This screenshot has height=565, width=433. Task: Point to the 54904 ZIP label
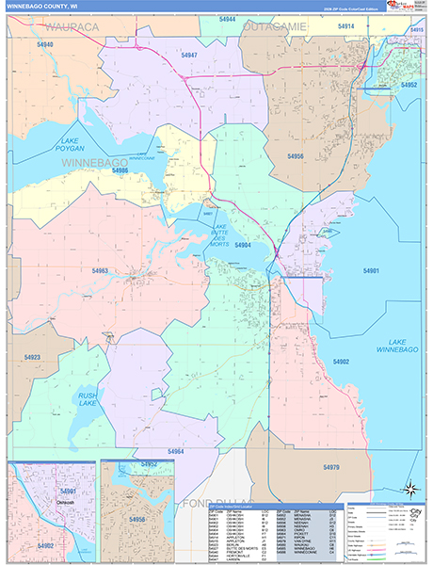coord(242,245)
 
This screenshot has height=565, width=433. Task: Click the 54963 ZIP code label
coord(100,271)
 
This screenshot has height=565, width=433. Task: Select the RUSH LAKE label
coord(88,399)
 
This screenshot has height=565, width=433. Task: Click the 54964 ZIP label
coord(175,451)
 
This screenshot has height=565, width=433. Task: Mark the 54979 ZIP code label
coord(329,468)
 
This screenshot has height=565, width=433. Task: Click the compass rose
coord(410,488)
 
